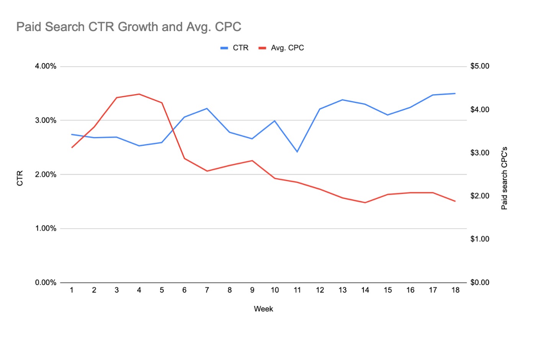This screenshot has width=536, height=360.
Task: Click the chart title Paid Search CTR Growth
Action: coord(129,27)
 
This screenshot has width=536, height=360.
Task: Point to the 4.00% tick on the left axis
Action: coord(46,66)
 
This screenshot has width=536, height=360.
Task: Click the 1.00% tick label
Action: coord(46,229)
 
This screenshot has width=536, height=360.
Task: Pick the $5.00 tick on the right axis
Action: coord(480,66)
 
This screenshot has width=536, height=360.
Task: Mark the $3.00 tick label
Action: coord(480,153)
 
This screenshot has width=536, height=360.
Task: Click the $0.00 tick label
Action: coord(480,283)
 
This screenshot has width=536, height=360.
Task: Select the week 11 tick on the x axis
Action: coord(297,290)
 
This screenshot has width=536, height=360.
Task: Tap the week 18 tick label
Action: coord(455,290)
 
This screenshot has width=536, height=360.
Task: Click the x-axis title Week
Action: coord(263,309)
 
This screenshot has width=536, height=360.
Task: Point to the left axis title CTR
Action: coord(20,178)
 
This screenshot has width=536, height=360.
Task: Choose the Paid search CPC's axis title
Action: coord(504,178)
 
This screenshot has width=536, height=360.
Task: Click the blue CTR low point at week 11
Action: coord(297,152)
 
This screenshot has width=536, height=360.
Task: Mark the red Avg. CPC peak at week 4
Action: coord(139,94)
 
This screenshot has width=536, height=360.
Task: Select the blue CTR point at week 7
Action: coord(207,108)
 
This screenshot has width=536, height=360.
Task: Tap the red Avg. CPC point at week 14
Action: coord(365,203)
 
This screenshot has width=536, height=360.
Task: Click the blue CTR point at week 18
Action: coord(455,93)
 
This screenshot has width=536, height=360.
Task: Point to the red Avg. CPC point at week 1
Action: coord(72,147)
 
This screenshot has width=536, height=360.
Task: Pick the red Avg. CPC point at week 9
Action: coord(252,160)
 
